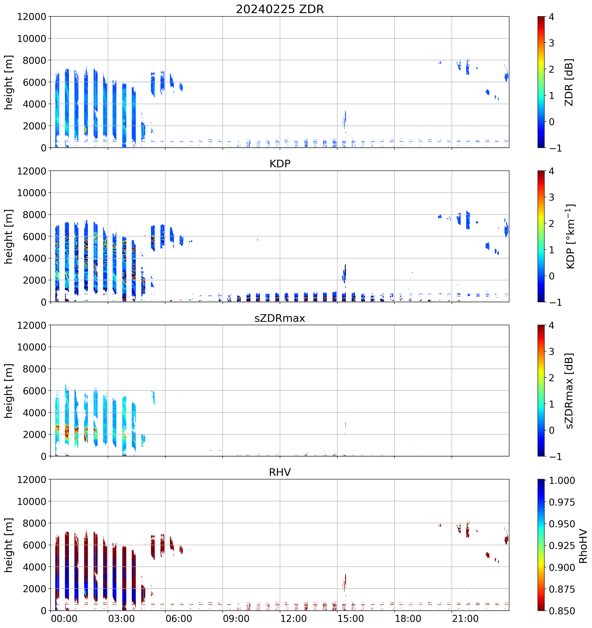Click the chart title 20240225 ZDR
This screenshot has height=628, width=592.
click(x=280, y=9)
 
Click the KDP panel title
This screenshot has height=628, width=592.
click(x=280, y=164)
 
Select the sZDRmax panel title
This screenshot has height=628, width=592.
click(x=280, y=318)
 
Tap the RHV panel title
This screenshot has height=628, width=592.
click(x=280, y=472)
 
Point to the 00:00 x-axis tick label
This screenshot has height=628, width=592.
click(x=64, y=619)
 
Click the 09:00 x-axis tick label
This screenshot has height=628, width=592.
click(x=236, y=619)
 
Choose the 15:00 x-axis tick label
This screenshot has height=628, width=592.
click(x=351, y=619)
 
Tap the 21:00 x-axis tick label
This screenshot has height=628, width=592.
click(x=465, y=619)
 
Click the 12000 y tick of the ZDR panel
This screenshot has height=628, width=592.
click(x=32, y=17)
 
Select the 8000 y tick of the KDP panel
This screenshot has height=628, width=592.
click(x=34, y=215)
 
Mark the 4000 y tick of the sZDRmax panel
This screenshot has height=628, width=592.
click(x=34, y=413)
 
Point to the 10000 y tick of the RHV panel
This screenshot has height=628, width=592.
click(x=32, y=502)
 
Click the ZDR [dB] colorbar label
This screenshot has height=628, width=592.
click(x=569, y=82)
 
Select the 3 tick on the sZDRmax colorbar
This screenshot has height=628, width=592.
click(x=552, y=352)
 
